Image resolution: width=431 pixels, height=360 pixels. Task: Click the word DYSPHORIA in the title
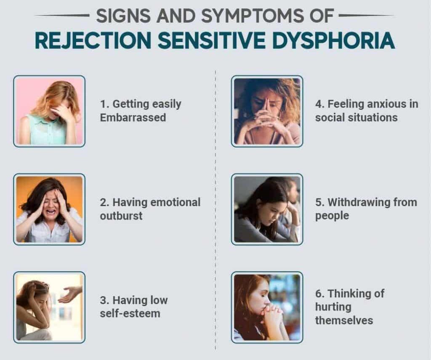[333, 41]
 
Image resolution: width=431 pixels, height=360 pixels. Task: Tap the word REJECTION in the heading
[93, 41]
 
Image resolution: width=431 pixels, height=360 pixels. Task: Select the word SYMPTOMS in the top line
[253, 16]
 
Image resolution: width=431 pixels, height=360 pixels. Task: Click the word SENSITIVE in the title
[212, 41]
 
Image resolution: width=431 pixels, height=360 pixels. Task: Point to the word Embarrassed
[133, 117]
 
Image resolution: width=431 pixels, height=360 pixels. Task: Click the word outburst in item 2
[121, 216]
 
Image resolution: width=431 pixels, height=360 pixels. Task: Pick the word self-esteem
[130, 313]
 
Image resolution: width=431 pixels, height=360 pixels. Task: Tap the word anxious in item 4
[386, 104]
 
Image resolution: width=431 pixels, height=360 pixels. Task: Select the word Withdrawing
[359, 202]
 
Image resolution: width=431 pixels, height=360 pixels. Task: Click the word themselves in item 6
[344, 320]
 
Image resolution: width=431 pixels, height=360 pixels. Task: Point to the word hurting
[333, 307]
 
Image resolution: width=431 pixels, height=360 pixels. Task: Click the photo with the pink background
[49, 111]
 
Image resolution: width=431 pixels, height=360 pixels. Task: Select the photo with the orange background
[49, 209]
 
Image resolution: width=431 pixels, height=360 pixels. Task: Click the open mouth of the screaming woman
[51, 212]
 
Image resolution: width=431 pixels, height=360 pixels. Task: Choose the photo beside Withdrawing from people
[267, 209]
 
